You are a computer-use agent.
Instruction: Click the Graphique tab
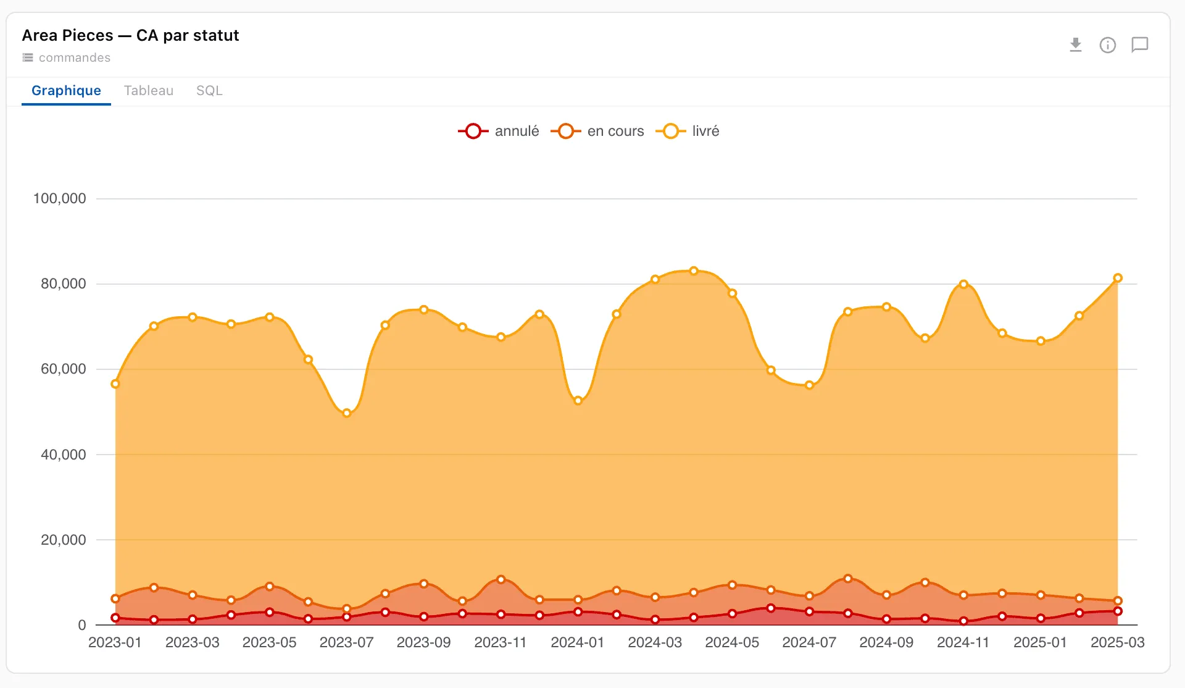click(66, 91)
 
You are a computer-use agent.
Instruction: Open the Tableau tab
click(149, 91)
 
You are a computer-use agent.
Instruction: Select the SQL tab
click(209, 91)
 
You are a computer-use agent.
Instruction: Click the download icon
click(1076, 45)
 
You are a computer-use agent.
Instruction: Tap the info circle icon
click(1108, 45)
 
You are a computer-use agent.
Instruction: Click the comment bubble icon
click(1140, 45)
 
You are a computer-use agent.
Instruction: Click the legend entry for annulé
click(499, 131)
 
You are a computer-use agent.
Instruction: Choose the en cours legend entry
click(597, 131)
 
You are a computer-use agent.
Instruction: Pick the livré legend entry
click(688, 131)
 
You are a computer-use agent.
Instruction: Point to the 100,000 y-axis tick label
click(59, 198)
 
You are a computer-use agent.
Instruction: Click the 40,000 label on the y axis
click(63, 455)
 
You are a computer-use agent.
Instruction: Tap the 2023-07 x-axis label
click(347, 642)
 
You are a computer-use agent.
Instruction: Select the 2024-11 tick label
click(963, 642)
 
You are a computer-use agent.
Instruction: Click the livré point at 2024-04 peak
click(694, 271)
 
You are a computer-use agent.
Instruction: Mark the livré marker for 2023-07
click(347, 413)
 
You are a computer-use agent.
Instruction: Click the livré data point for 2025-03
click(1118, 278)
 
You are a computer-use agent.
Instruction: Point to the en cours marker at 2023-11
click(501, 579)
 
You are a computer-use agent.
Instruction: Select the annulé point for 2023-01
click(115, 618)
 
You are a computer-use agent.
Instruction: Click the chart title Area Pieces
click(67, 35)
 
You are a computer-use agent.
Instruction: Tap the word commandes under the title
click(75, 57)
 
